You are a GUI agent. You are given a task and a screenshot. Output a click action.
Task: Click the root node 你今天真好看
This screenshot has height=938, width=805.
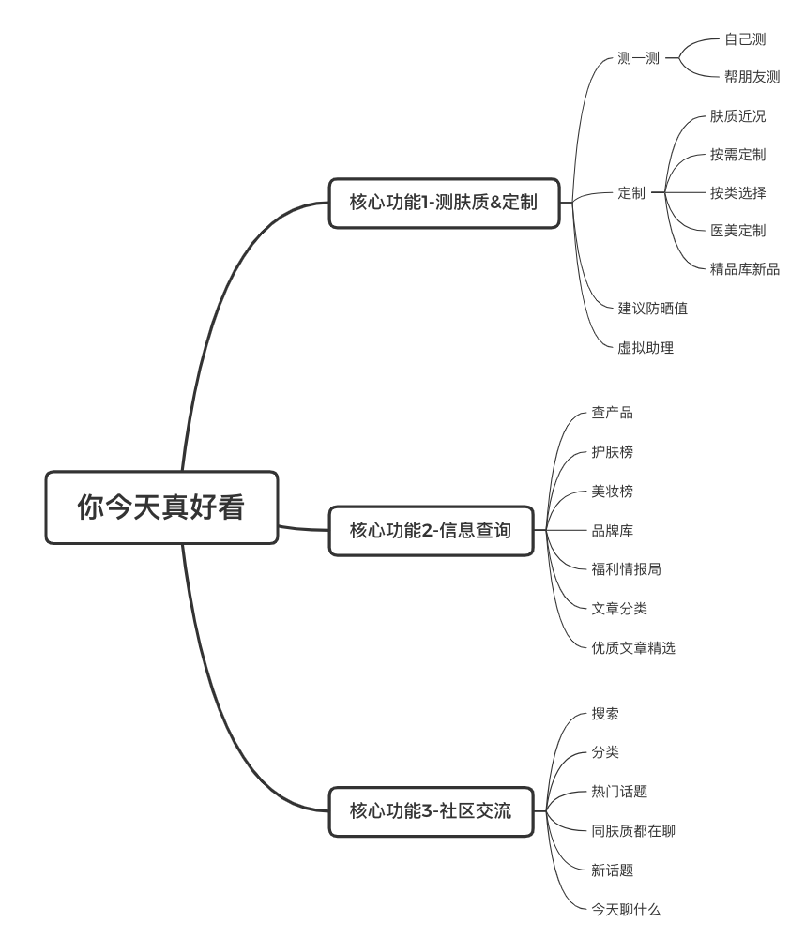(x=161, y=507)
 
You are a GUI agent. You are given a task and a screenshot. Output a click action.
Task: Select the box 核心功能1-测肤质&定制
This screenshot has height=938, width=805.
(x=444, y=203)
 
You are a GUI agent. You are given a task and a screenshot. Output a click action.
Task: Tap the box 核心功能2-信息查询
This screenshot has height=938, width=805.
(x=431, y=530)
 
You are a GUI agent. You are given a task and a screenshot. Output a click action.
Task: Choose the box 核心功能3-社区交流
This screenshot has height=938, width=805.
(x=431, y=811)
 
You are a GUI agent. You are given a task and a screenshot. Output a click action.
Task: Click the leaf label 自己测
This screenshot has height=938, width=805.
(x=745, y=39)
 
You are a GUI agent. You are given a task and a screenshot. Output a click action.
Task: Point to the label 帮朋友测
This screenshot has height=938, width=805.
(x=752, y=77)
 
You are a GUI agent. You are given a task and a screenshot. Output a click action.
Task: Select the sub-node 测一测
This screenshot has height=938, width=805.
(x=638, y=58)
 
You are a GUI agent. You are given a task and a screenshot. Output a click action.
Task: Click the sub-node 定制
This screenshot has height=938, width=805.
(x=631, y=193)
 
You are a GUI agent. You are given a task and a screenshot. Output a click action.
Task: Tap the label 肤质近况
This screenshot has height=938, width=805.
(x=737, y=117)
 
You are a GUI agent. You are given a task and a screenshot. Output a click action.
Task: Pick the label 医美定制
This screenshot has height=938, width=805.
(x=737, y=231)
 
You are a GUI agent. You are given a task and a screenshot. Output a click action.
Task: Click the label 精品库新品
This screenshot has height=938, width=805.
(x=745, y=269)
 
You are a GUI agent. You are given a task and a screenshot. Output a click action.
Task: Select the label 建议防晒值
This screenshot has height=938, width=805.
(x=653, y=308)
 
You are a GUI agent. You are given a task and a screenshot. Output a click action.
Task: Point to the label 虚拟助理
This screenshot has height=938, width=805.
(x=646, y=347)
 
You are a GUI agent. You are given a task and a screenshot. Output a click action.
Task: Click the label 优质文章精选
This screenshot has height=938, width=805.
(x=633, y=647)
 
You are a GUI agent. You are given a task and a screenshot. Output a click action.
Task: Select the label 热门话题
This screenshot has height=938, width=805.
(x=619, y=792)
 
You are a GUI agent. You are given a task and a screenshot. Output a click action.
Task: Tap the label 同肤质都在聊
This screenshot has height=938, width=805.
(x=633, y=830)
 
